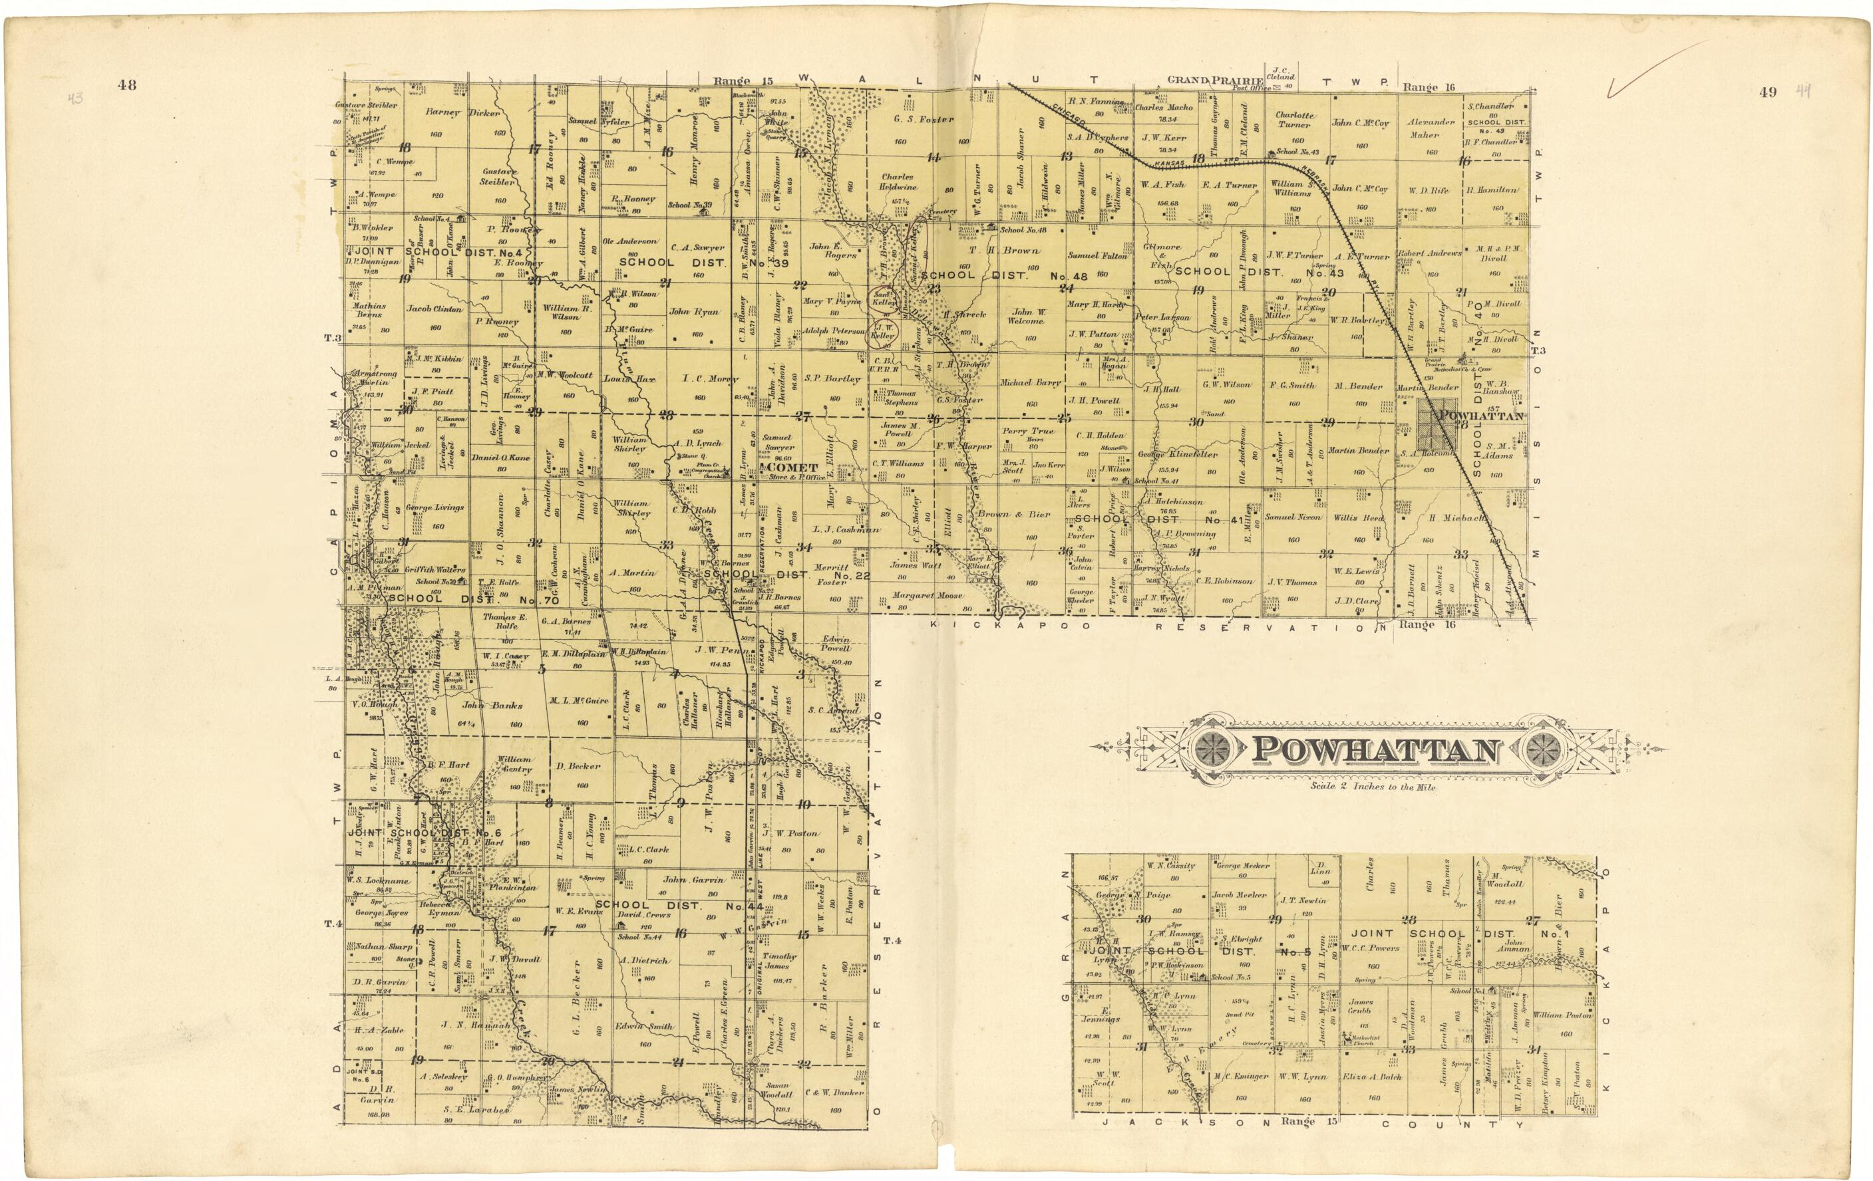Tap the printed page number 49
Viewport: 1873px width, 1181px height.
click(x=1768, y=92)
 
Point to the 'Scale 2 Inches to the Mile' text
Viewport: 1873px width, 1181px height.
click(x=1372, y=787)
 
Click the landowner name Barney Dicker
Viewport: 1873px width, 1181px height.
click(x=463, y=112)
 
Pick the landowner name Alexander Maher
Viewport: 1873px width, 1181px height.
click(x=1431, y=128)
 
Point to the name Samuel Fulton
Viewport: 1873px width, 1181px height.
click(x=1097, y=255)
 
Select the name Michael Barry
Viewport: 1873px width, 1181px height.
click(x=1031, y=382)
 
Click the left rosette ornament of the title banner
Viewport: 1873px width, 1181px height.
click(x=1208, y=749)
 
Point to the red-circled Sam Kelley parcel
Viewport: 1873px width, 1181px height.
click(x=883, y=299)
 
